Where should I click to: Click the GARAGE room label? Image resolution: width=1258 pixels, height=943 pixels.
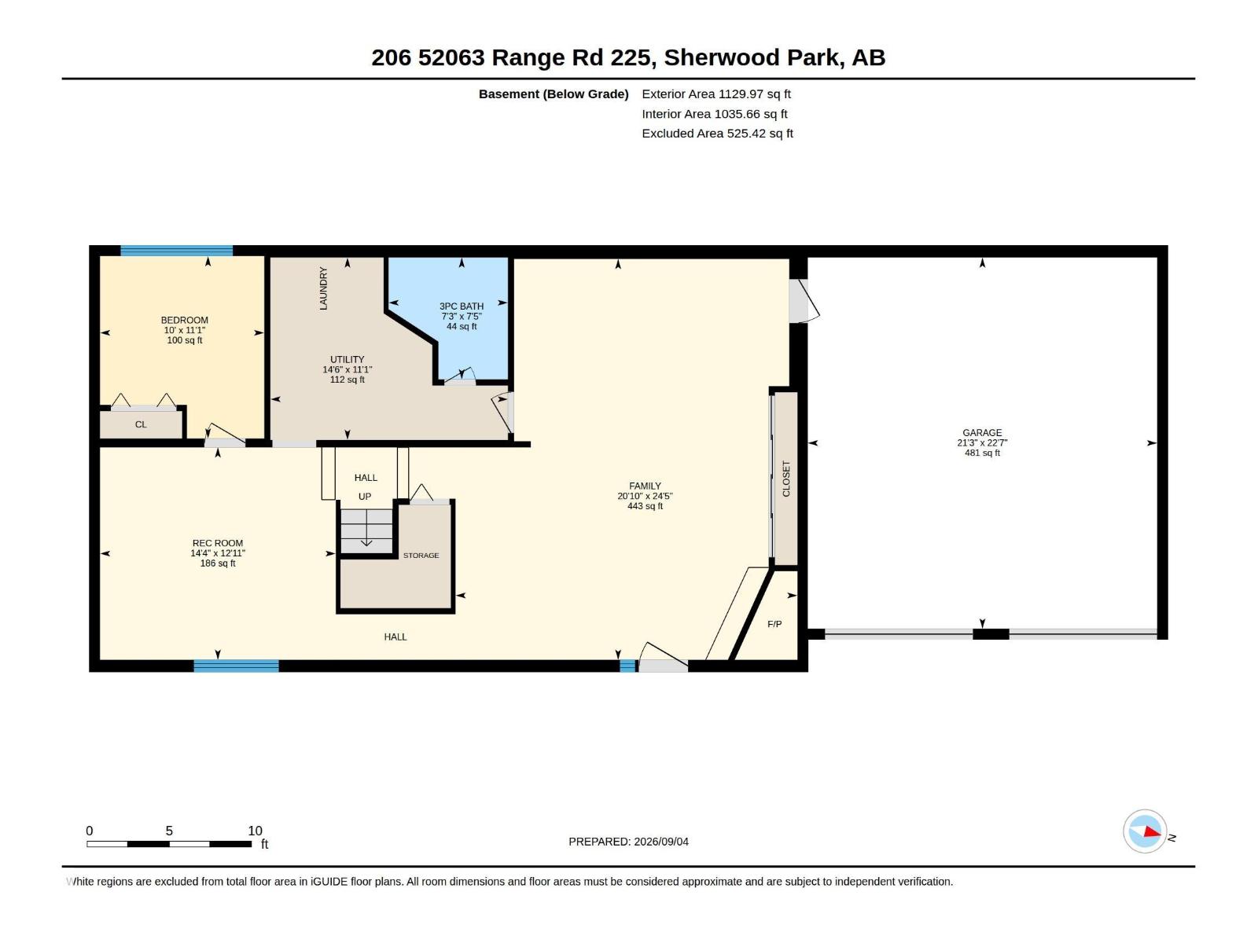(982, 433)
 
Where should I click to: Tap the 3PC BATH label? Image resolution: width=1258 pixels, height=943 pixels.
(462, 306)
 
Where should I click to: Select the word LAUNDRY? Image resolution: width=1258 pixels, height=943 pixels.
(323, 288)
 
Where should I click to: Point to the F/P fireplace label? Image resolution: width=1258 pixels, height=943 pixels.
(774, 624)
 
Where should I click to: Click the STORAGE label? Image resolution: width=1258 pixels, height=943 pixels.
(421, 556)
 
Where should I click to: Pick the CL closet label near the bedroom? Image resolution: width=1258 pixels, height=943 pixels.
(141, 425)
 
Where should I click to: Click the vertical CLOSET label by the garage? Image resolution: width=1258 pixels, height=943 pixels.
(786, 479)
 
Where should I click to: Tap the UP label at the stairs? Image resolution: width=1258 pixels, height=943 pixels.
(365, 497)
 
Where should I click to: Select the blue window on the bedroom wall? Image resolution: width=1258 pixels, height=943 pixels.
(177, 251)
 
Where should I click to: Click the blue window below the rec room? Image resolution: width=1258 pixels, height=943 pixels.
(236, 666)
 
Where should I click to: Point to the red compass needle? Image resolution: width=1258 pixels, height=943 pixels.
(1152, 831)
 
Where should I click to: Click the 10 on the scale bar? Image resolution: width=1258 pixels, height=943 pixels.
(255, 831)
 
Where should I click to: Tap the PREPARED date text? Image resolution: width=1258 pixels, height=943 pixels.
(628, 842)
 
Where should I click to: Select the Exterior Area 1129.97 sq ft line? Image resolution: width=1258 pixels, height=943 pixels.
(715, 94)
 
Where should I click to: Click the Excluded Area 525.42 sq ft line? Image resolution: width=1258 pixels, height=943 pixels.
(717, 134)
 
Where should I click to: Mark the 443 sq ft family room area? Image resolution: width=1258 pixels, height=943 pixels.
(645, 506)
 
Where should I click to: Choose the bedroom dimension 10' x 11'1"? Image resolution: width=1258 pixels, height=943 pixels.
(185, 330)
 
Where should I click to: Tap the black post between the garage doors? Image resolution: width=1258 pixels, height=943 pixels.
(991, 634)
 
